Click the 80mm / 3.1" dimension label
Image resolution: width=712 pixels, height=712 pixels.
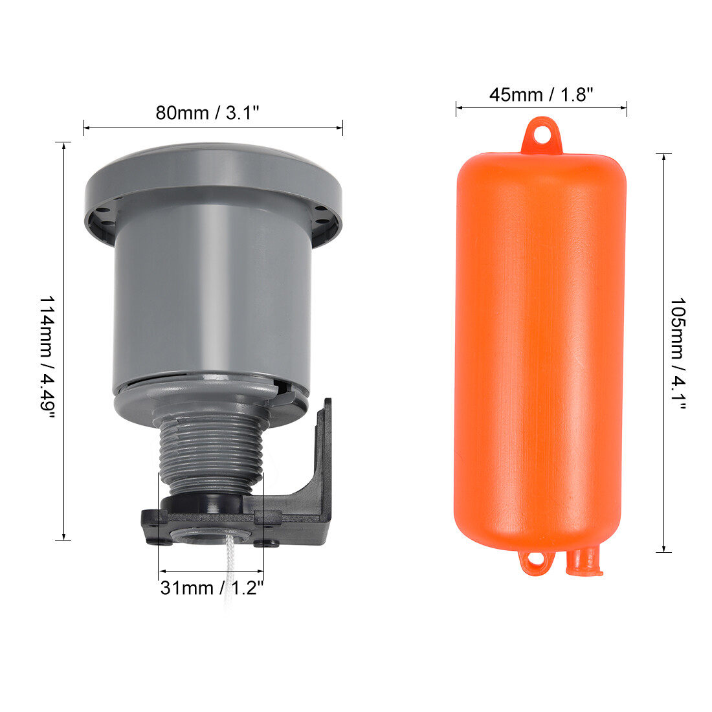pos(208,113)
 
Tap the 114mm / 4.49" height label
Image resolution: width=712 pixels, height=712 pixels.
pos(47,357)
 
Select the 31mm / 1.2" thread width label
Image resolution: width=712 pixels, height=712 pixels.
pos(212,588)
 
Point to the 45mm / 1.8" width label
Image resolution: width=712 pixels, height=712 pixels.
pos(541,95)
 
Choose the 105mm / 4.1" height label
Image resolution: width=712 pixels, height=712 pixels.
pos(678,353)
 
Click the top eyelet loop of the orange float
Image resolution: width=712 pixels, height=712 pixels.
pos(541,135)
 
